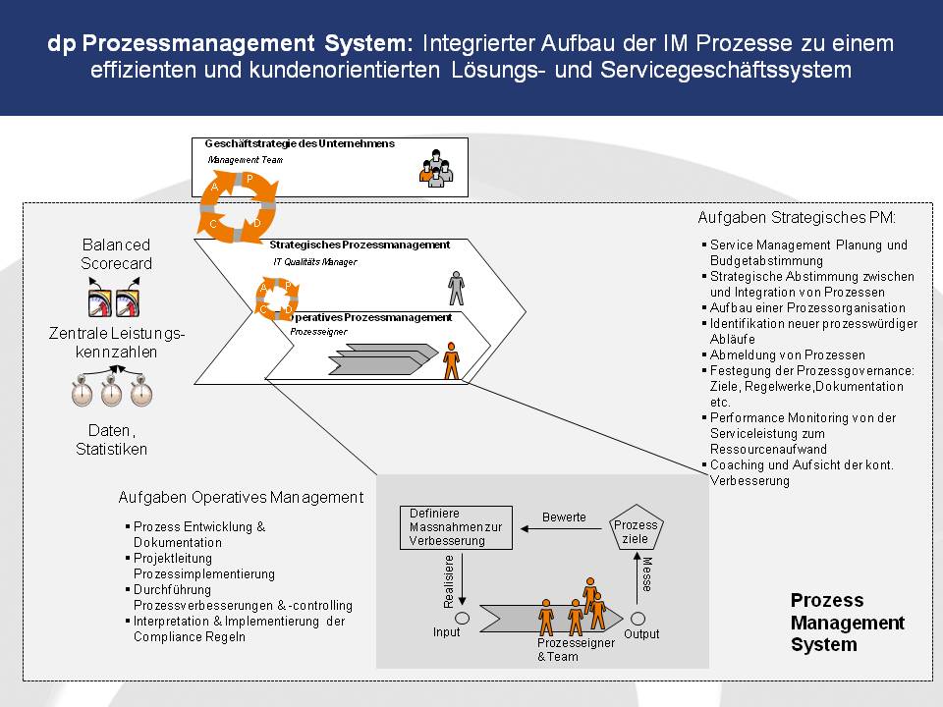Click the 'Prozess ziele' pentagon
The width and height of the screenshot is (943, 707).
pos(636,528)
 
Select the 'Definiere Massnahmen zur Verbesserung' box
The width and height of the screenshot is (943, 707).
pos(456,527)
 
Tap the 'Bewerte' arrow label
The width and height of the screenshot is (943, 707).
pos(564,517)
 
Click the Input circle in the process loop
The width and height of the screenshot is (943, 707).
pos(462,618)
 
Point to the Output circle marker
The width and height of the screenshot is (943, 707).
pos(638,618)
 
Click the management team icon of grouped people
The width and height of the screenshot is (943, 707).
pos(436,169)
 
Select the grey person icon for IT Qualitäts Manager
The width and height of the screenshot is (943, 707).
pos(457,288)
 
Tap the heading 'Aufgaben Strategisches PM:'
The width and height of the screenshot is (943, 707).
pos(797,218)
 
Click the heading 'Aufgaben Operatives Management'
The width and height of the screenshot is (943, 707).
pos(241,497)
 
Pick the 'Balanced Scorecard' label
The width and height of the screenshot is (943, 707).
pos(116,253)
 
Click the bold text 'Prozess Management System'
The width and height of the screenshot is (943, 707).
pos(848,623)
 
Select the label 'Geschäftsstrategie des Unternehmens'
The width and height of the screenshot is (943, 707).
pos(300,143)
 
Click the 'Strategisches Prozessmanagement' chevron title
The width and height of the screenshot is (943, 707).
pos(360,245)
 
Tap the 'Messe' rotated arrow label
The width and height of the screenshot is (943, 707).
pos(647,574)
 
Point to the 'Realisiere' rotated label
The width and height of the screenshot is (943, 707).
pos(448,581)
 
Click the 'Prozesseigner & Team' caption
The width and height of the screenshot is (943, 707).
pos(576,649)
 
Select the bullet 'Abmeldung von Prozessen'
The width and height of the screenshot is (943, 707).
pos(787,354)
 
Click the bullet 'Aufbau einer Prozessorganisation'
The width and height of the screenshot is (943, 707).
pos(807,307)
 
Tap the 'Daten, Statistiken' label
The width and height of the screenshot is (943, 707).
pos(111,440)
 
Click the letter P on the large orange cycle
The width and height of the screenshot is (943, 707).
pos(250,179)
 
